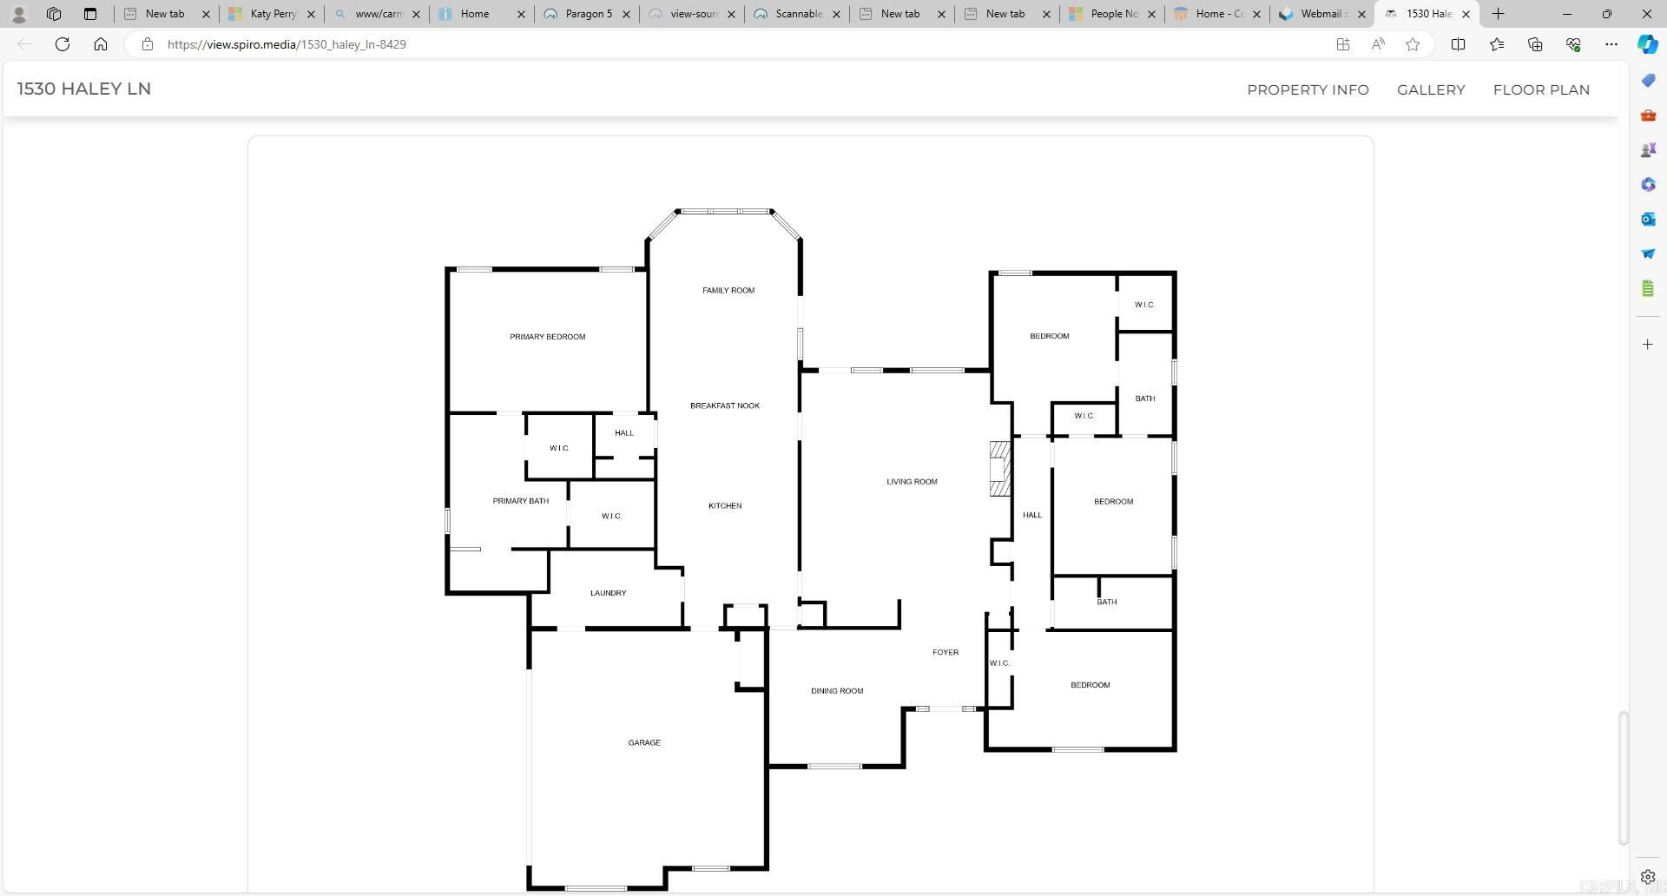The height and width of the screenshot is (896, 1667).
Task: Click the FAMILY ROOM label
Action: tap(728, 291)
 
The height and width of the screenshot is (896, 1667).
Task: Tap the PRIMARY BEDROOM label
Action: tap(547, 337)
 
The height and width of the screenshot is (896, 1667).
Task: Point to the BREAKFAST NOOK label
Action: tap(724, 406)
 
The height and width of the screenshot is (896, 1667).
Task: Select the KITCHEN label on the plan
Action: tap(724, 506)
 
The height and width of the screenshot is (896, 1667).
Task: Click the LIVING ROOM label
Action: tap(911, 482)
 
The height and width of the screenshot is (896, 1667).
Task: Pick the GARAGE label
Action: tap(643, 743)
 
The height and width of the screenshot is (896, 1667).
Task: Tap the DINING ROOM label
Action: tap(836, 691)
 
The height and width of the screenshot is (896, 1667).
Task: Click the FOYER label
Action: tap(945, 653)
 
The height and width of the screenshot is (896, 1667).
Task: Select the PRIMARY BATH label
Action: tap(520, 501)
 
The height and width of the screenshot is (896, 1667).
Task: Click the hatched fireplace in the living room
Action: tap(999, 469)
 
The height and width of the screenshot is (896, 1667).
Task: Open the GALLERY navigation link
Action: tap(1430, 90)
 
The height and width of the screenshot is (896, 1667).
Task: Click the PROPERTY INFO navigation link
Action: tap(1307, 90)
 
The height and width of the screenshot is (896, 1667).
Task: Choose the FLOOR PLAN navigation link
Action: tap(1540, 90)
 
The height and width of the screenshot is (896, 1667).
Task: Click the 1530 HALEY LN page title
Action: tap(84, 89)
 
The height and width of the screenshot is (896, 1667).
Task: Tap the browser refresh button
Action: tap(63, 44)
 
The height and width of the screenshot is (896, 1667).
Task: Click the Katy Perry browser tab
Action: tap(271, 14)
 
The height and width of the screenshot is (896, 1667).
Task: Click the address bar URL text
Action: tap(287, 44)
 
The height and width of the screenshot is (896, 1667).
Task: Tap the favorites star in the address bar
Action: tap(1413, 44)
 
